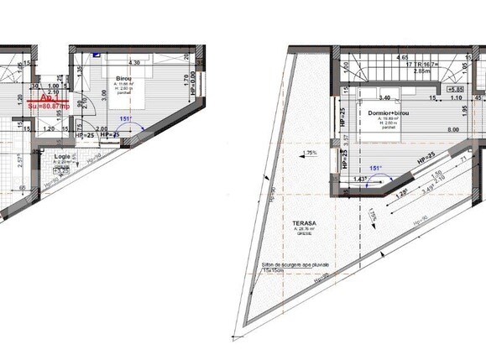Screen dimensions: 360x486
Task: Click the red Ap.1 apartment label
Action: [48, 98]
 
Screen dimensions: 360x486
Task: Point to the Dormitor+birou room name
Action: [387, 112]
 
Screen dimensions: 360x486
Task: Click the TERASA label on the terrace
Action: [300, 224]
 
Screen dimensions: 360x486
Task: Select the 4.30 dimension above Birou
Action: [133, 63]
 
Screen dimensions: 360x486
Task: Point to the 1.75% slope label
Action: [310, 154]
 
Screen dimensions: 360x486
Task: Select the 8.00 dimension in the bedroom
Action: [452, 130]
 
